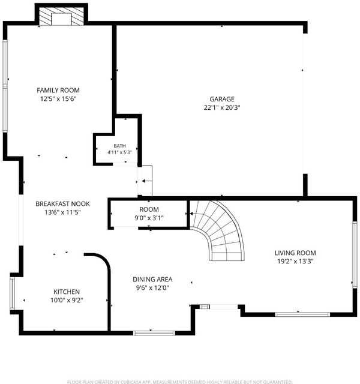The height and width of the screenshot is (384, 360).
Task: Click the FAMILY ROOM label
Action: coord(58,90)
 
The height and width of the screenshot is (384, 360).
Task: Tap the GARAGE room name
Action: coord(222,99)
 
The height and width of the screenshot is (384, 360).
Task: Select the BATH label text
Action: coord(120,146)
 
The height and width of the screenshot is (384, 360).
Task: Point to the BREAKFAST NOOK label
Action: coord(62,204)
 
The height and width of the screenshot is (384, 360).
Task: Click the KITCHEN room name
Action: coord(67,292)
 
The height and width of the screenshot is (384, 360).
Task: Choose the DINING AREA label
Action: coord(152,279)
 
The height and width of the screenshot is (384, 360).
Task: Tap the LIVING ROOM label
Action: coord(295,253)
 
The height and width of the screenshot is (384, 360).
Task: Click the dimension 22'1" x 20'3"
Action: coord(222,107)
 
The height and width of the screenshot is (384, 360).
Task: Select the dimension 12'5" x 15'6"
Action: coord(58,98)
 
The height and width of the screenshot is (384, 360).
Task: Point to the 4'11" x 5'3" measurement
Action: coord(120,152)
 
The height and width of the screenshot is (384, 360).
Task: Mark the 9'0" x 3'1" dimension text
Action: coord(149,218)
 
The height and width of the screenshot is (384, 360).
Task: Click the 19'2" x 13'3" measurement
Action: coord(295,262)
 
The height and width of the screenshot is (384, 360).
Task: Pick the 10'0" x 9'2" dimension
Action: coord(67,300)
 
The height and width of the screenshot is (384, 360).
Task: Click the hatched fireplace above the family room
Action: coord(61,16)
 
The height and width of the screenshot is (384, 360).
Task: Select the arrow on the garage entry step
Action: coord(147,181)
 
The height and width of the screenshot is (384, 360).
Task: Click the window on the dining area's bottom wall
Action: coord(154,333)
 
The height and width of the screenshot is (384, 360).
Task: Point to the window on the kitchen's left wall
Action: coord(12,293)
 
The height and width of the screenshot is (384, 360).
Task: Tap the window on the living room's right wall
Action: coord(355,254)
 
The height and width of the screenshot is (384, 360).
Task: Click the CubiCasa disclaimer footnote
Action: coord(180,382)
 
